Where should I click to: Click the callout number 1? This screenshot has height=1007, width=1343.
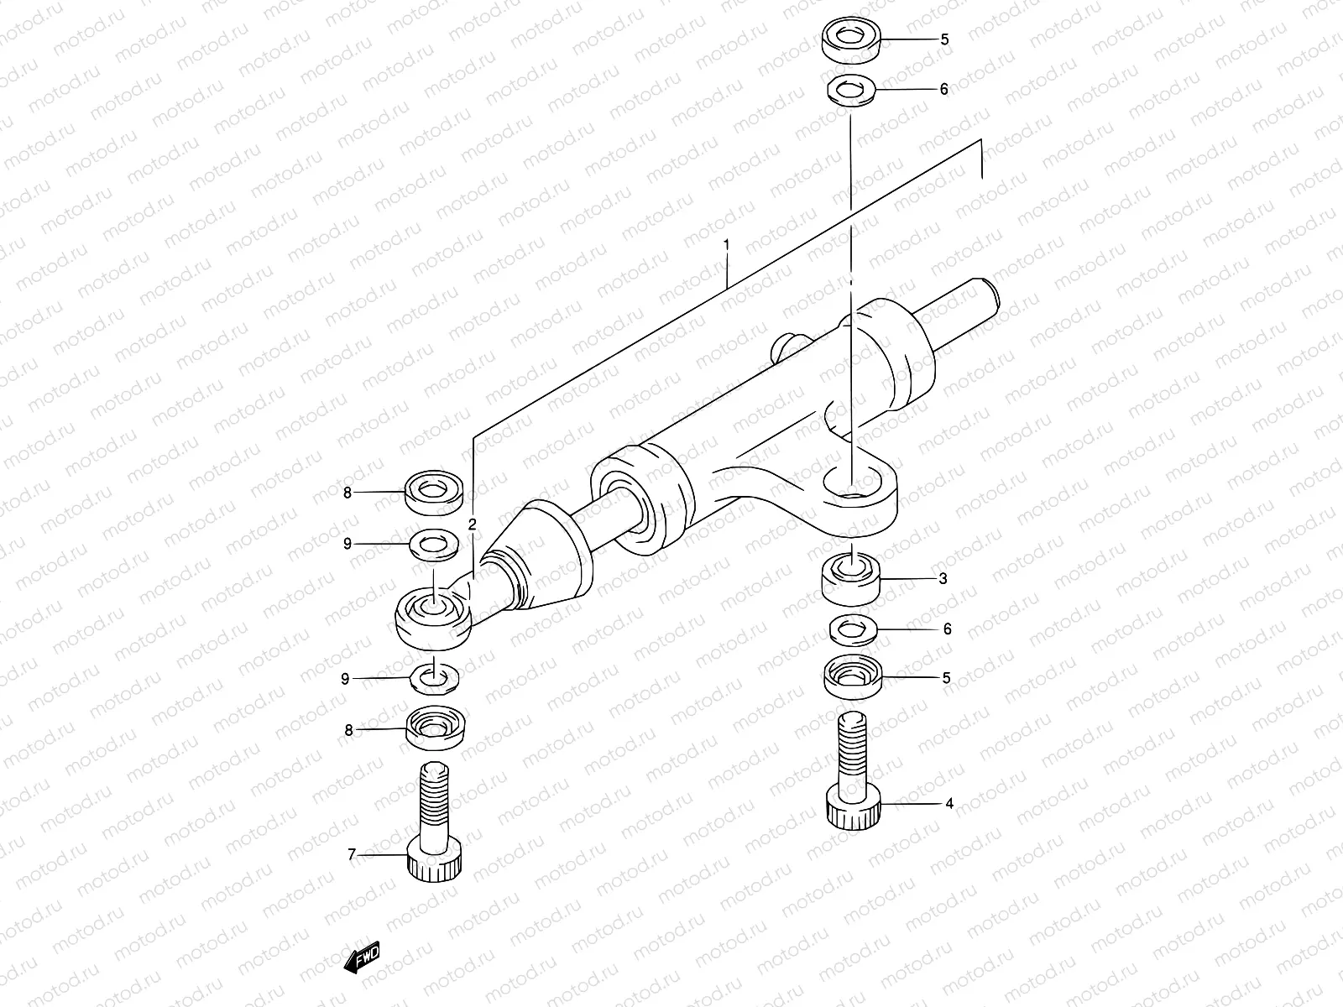pyautogui.click(x=727, y=246)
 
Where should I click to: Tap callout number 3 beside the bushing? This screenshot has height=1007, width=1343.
pyautogui.click(x=943, y=578)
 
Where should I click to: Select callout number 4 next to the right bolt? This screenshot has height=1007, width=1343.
pyautogui.click(x=949, y=803)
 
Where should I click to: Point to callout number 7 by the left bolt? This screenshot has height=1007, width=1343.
pyautogui.click(x=352, y=855)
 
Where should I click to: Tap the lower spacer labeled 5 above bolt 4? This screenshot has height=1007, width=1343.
pyautogui.click(x=853, y=676)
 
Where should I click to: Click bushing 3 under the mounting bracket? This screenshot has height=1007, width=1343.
pyautogui.click(x=851, y=579)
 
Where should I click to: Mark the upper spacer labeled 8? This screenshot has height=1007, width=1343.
pyautogui.click(x=435, y=492)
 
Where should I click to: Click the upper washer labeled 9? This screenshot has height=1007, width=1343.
pyautogui.click(x=433, y=544)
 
